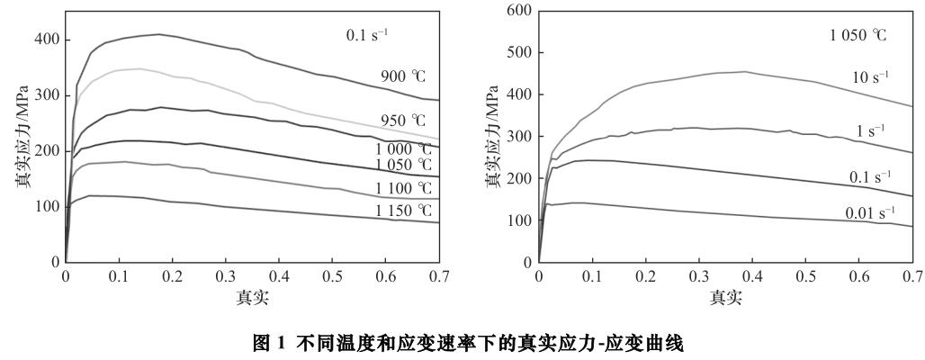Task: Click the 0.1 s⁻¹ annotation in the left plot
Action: pyautogui.click(x=367, y=37)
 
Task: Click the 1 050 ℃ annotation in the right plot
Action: pyautogui.click(x=858, y=36)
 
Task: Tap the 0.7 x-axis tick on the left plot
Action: pyautogui.click(x=439, y=277)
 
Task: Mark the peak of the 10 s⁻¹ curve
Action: pyautogui.click(x=743, y=71)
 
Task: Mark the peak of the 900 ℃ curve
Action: pyautogui.click(x=159, y=34)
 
